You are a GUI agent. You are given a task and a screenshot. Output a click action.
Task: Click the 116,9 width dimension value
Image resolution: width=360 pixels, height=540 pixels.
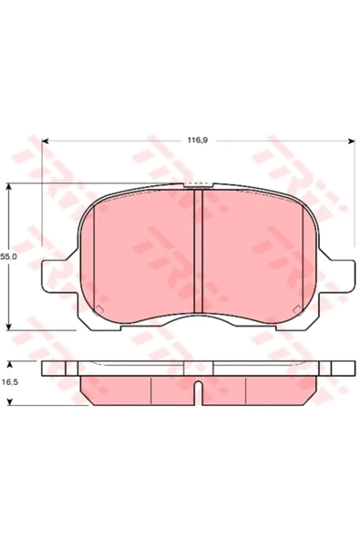pyautogui.click(x=197, y=140)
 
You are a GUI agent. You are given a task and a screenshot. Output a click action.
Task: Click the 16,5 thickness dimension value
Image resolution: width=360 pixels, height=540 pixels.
pyautogui.click(x=10, y=382)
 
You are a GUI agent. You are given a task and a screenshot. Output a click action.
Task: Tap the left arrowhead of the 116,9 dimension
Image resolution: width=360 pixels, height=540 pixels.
pyautogui.click(x=45, y=140)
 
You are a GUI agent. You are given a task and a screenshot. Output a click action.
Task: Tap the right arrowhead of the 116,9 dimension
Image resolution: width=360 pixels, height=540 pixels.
pyautogui.click(x=352, y=140)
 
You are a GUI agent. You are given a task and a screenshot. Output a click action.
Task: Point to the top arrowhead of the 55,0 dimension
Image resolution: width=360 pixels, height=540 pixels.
pyautogui.click(x=9, y=187)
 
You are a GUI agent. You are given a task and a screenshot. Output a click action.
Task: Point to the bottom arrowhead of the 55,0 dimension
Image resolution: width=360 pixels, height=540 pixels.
pyautogui.click(x=9, y=327)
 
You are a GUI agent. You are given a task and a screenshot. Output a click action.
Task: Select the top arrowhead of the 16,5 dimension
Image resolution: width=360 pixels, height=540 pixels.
pyautogui.click(x=10, y=365)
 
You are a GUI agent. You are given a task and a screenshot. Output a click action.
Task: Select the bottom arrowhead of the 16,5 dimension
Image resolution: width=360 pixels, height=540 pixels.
pyautogui.click(x=10, y=401)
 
